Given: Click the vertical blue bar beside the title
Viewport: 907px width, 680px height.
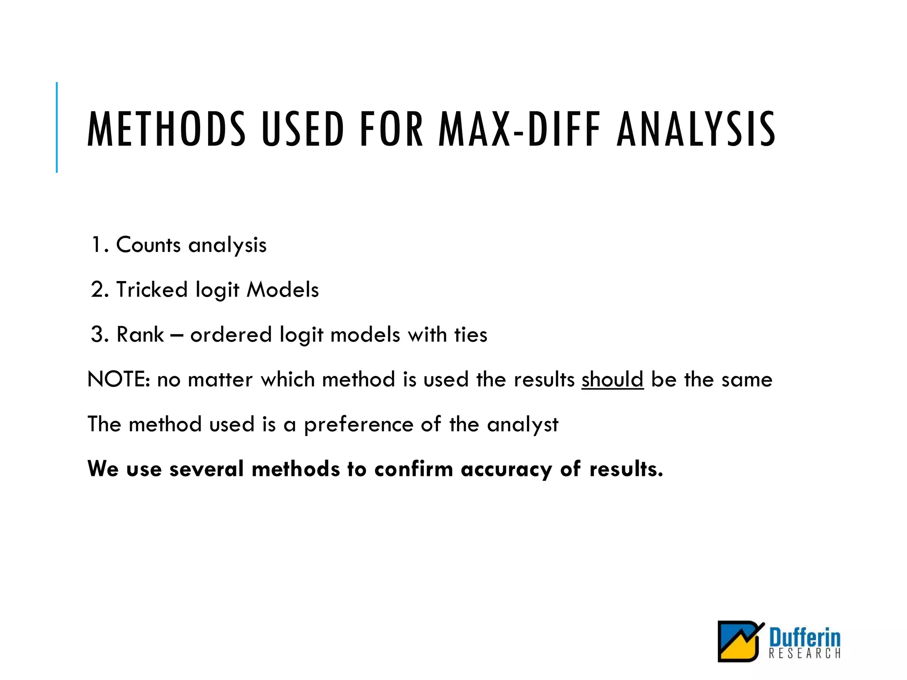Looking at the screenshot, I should point(57,127).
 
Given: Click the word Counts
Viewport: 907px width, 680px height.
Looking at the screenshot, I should point(148,245).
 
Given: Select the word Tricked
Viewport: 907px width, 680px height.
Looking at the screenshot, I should point(152,290).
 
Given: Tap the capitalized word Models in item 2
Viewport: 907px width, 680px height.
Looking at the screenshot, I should point(283,290).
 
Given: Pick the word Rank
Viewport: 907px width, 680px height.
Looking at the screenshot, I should point(140,335).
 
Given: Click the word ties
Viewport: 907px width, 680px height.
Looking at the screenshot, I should point(471,335).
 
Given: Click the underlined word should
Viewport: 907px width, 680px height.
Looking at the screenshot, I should point(612,380).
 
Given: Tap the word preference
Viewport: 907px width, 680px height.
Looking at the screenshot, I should point(358,425).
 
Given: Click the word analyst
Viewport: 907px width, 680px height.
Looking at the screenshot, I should point(523,425).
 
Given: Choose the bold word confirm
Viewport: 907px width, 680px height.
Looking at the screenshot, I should point(414,469).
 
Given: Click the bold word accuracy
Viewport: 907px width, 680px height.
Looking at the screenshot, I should point(506,469).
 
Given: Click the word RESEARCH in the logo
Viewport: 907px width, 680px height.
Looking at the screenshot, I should point(804,653).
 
